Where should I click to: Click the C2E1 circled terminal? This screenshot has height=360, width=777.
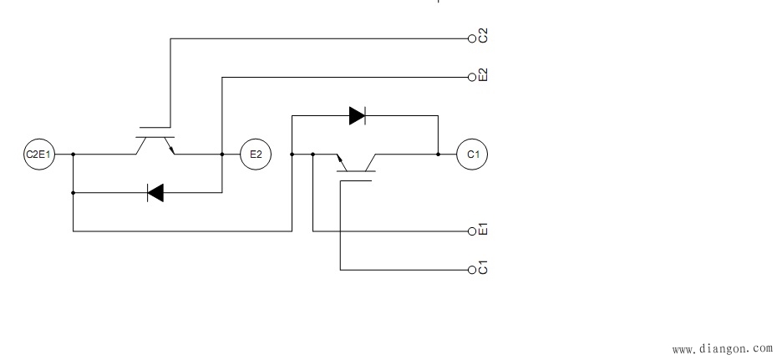(x=39, y=155)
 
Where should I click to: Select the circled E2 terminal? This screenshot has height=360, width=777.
(x=256, y=155)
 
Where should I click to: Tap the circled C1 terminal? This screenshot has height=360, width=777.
(x=473, y=155)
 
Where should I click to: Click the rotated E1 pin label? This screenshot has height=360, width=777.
(x=483, y=229)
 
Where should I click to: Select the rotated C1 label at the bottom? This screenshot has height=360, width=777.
(x=483, y=268)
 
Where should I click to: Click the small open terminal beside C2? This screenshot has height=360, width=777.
(x=471, y=38)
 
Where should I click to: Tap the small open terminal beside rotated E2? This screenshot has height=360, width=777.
(x=471, y=77)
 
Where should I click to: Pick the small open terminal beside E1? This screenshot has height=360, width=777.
(x=471, y=231)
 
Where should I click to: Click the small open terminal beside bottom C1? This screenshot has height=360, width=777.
(x=471, y=270)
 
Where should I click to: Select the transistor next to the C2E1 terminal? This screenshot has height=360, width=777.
(x=155, y=144)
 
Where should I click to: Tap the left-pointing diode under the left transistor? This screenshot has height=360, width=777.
(x=155, y=193)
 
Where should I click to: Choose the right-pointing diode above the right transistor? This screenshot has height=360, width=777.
(x=358, y=116)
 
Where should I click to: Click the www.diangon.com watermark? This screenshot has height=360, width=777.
(x=722, y=347)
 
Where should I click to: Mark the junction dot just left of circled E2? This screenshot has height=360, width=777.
(x=222, y=155)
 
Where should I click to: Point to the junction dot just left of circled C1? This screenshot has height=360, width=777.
(x=438, y=155)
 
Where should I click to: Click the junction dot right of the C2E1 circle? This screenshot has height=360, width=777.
(x=74, y=155)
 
